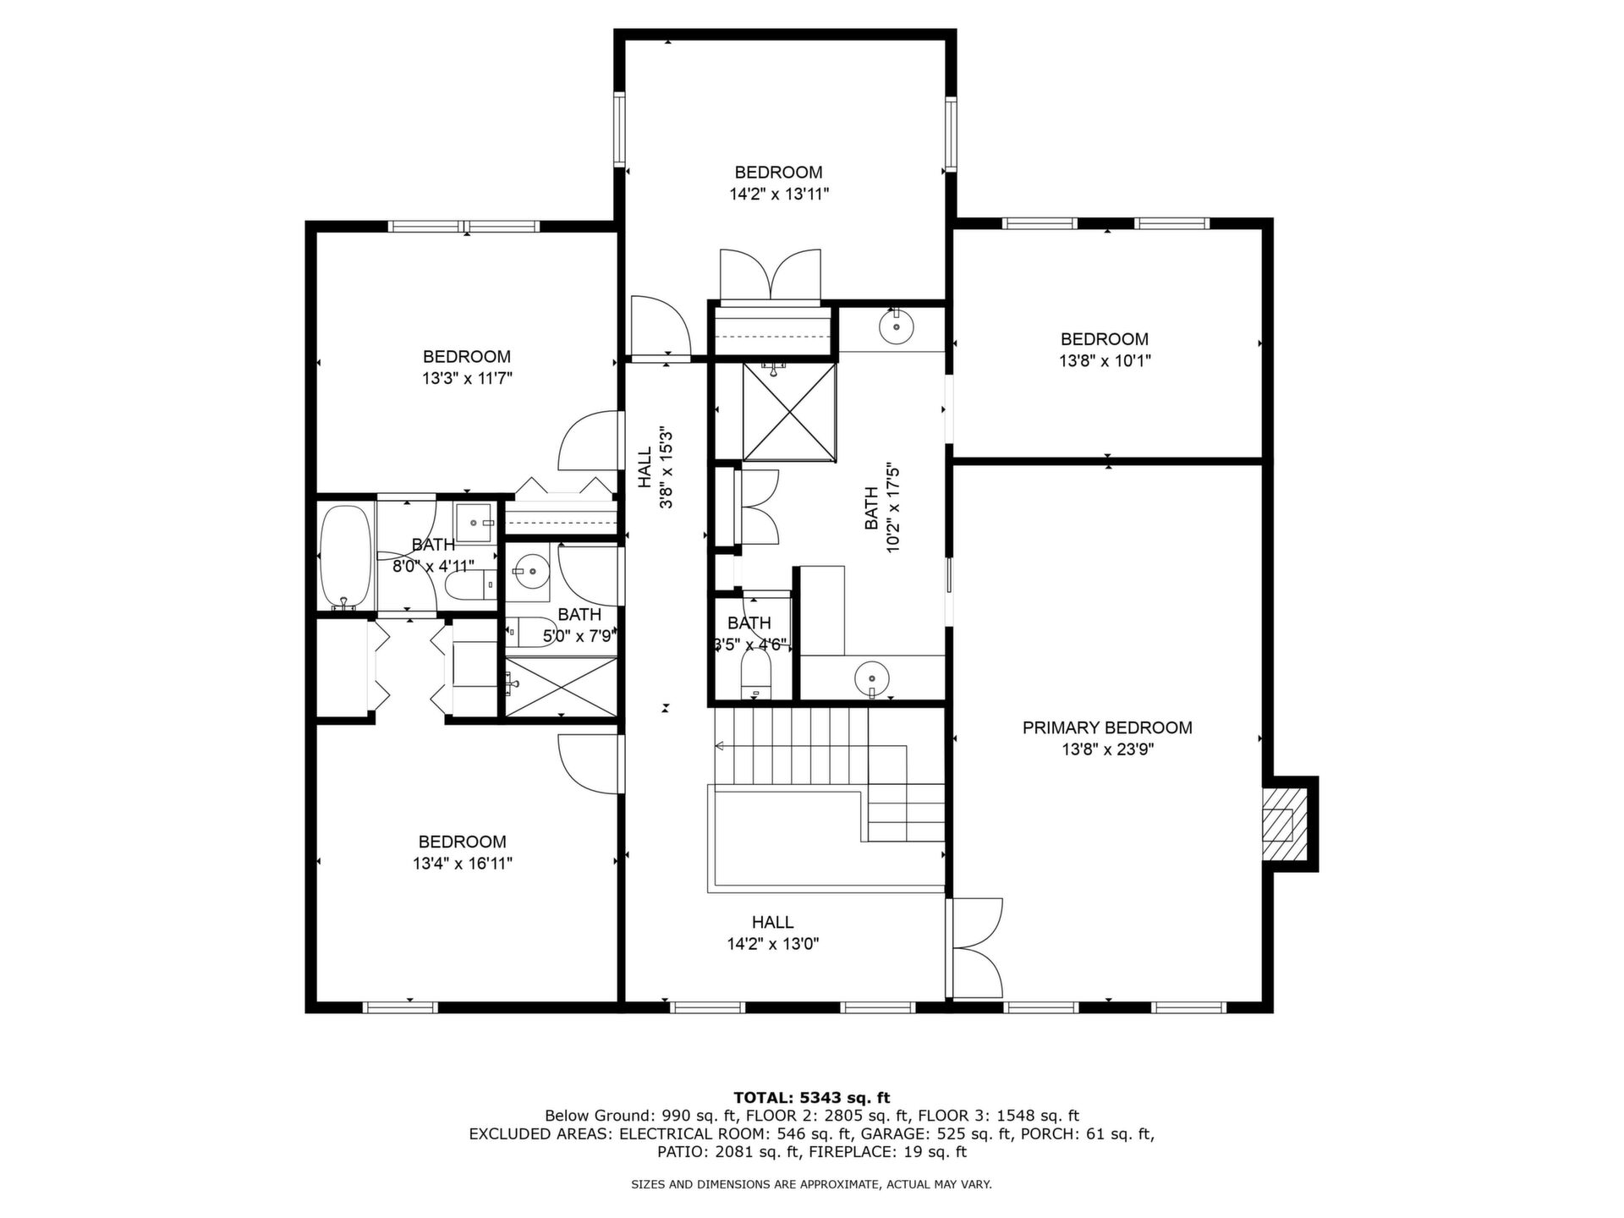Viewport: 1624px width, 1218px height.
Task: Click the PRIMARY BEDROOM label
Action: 1107,727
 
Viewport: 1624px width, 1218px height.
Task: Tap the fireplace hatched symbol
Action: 1278,824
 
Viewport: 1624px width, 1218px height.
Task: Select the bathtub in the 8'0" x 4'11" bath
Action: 346,557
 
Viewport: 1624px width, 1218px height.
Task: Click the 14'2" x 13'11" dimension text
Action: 779,194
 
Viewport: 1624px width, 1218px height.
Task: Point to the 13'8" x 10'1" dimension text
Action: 1105,360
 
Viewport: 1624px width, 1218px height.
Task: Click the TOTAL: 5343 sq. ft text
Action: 812,1098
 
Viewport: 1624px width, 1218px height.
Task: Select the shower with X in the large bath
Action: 789,412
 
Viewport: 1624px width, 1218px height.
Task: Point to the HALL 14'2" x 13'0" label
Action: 773,933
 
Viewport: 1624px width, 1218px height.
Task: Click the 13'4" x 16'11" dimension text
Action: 463,864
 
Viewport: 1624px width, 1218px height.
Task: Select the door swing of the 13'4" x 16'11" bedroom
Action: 590,765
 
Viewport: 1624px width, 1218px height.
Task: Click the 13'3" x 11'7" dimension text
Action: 468,378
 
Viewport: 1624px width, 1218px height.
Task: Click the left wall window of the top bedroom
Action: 619,129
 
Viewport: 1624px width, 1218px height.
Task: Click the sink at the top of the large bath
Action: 895,326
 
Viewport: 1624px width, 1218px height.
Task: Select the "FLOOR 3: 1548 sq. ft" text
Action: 998,1116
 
